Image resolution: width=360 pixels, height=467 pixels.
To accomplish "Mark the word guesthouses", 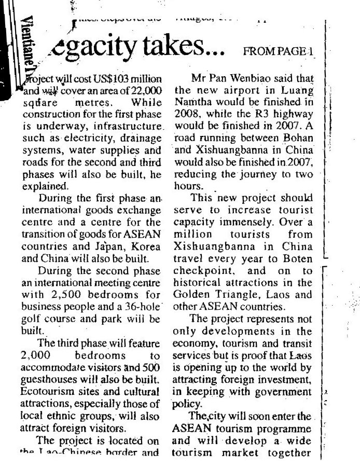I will point(47,375).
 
